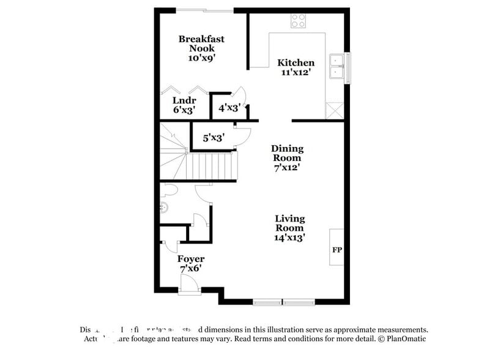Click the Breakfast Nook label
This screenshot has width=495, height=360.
(201, 43)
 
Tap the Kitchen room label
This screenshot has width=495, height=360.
(296, 62)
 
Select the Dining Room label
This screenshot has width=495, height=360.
(287, 152)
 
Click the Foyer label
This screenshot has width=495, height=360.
(191, 259)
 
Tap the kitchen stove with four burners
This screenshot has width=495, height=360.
(298, 21)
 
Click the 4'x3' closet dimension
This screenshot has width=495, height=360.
(228, 109)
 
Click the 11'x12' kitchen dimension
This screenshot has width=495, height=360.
(296, 72)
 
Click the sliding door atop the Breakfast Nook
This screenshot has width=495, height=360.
(204, 10)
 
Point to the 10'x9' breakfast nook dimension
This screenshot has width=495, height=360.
(201, 58)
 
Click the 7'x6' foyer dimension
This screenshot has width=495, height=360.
(191, 269)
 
